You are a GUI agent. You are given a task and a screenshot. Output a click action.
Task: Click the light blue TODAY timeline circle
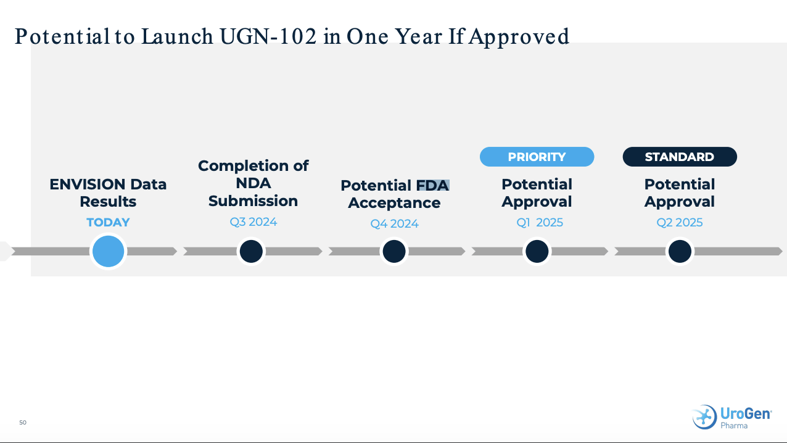[108, 251]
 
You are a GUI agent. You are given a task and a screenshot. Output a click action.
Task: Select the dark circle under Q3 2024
[251, 251]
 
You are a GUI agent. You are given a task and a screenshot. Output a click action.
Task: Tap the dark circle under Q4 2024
[393, 251]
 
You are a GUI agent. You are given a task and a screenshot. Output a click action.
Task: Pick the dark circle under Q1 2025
[537, 251]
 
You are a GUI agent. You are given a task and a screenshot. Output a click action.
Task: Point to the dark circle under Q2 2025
[679, 251]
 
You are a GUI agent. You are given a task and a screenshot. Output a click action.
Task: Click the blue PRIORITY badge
[537, 157]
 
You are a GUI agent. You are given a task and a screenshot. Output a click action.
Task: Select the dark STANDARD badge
[679, 157]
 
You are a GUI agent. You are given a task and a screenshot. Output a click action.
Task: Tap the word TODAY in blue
[108, 223]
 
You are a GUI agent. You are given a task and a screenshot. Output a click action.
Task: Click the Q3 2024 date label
[253, 221]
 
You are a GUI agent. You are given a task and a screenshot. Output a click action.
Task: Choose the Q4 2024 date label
[394, 223]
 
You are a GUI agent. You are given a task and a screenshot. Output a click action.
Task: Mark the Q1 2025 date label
[539, 223]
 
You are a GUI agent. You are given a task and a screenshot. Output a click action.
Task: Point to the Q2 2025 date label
[679, 223]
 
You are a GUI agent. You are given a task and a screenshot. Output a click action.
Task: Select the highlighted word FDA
[432, 186]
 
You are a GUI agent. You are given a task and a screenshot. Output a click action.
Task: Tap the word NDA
[253, 183]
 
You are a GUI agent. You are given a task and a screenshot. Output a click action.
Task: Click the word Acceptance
[394, 203]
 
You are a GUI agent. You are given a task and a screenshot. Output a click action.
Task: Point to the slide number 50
[23, 423]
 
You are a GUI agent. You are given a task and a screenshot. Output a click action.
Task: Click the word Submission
[253, 201]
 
